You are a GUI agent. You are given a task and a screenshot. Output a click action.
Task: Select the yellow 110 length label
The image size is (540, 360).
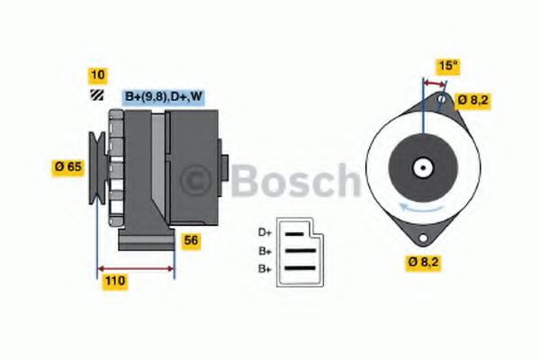click(114, 282)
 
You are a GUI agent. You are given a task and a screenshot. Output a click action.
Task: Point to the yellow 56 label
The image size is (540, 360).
click(191, 240)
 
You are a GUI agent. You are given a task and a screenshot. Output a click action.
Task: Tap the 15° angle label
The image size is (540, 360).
click(447, 66)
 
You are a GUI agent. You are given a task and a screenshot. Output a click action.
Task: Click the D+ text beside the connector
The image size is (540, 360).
click(265, 232)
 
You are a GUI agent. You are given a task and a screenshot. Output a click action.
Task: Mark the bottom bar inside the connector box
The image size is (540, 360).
click(301, 268)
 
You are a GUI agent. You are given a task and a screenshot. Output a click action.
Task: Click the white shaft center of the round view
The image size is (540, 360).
click(421, 167)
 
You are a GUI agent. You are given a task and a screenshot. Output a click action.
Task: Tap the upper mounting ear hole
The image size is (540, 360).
click(441, 99)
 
